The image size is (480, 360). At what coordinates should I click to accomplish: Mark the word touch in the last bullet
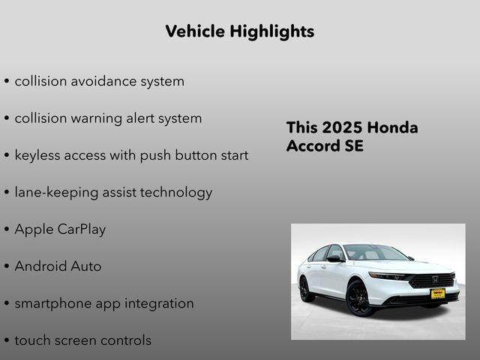[x=33, y=340]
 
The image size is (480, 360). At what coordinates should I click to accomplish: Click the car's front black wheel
[x=358, y=298]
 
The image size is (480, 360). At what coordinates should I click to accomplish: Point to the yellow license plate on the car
[x=437, y=293]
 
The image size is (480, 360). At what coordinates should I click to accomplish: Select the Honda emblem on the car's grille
[x=434, y=279]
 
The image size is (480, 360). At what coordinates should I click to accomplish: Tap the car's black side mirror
[x=334, y=259]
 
